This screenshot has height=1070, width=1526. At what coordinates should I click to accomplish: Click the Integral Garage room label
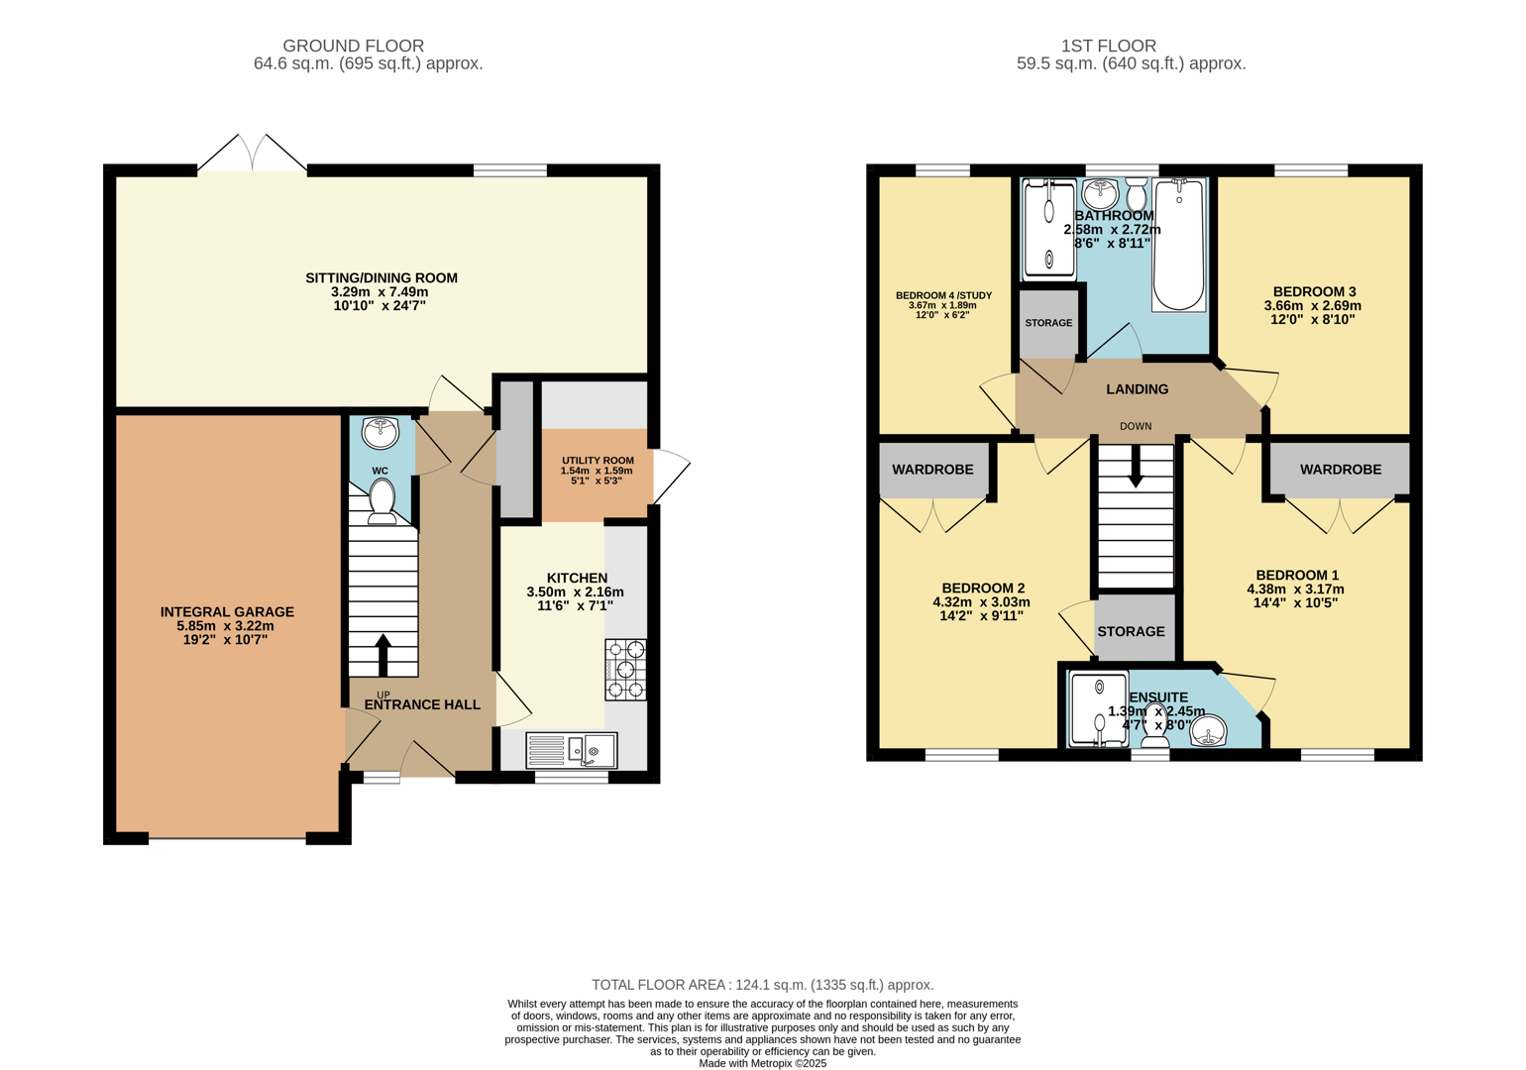pos(227,612)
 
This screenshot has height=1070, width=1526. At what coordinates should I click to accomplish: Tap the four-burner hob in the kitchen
pos(625,670)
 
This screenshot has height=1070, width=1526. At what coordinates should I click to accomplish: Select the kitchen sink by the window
pos(572,750)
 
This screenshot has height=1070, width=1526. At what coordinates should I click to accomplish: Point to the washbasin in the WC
pos(381,433)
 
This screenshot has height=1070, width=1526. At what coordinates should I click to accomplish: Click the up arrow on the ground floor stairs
pos(382,654)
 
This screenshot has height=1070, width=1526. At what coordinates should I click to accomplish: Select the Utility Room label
pos(598,461)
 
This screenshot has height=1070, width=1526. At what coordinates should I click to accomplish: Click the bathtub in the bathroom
pos(1178,245)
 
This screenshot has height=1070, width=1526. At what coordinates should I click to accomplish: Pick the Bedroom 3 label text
pos(1314,291)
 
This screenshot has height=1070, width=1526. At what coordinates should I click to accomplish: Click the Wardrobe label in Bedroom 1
pos(1340,470)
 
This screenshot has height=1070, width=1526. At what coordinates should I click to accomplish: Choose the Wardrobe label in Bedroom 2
pos(932,470)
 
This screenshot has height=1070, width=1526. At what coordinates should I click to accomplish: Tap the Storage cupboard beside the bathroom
pos(1048,323)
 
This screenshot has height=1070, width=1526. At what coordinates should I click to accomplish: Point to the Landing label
pos(1137,389)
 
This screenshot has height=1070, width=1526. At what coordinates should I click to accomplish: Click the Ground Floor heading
pos(353,46)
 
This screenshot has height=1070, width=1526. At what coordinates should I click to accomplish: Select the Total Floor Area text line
pos(762,985)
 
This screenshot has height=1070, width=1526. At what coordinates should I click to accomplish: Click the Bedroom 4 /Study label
pos(943,295)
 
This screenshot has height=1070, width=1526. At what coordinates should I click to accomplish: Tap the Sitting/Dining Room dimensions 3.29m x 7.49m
pos(381,292)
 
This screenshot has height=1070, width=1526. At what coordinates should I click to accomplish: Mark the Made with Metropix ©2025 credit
pos(762,1063)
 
